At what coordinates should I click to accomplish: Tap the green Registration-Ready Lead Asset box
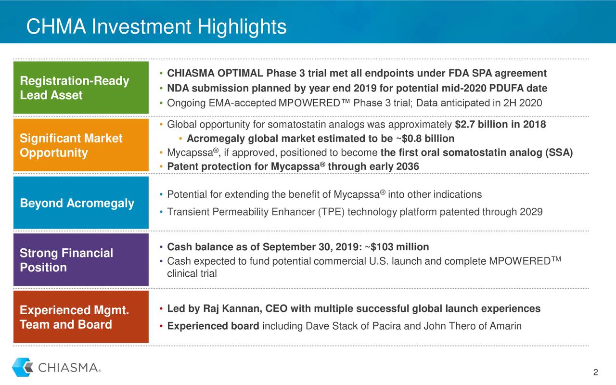[81, 88]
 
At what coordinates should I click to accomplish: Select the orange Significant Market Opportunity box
[81, 145]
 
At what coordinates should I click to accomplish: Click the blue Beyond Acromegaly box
[81, 203]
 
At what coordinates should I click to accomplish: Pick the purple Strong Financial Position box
[81, 260]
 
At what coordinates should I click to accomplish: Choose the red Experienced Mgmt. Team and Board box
[81, 317]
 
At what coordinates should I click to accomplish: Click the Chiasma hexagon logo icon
[23, 367]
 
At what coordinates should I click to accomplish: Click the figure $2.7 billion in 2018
[500, 125]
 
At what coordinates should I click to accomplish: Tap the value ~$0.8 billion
[425, 139]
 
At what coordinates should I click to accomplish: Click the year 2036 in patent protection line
[408, 167]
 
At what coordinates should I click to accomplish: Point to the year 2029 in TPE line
[531, 212]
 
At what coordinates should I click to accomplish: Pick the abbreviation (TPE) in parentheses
[331, 212]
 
